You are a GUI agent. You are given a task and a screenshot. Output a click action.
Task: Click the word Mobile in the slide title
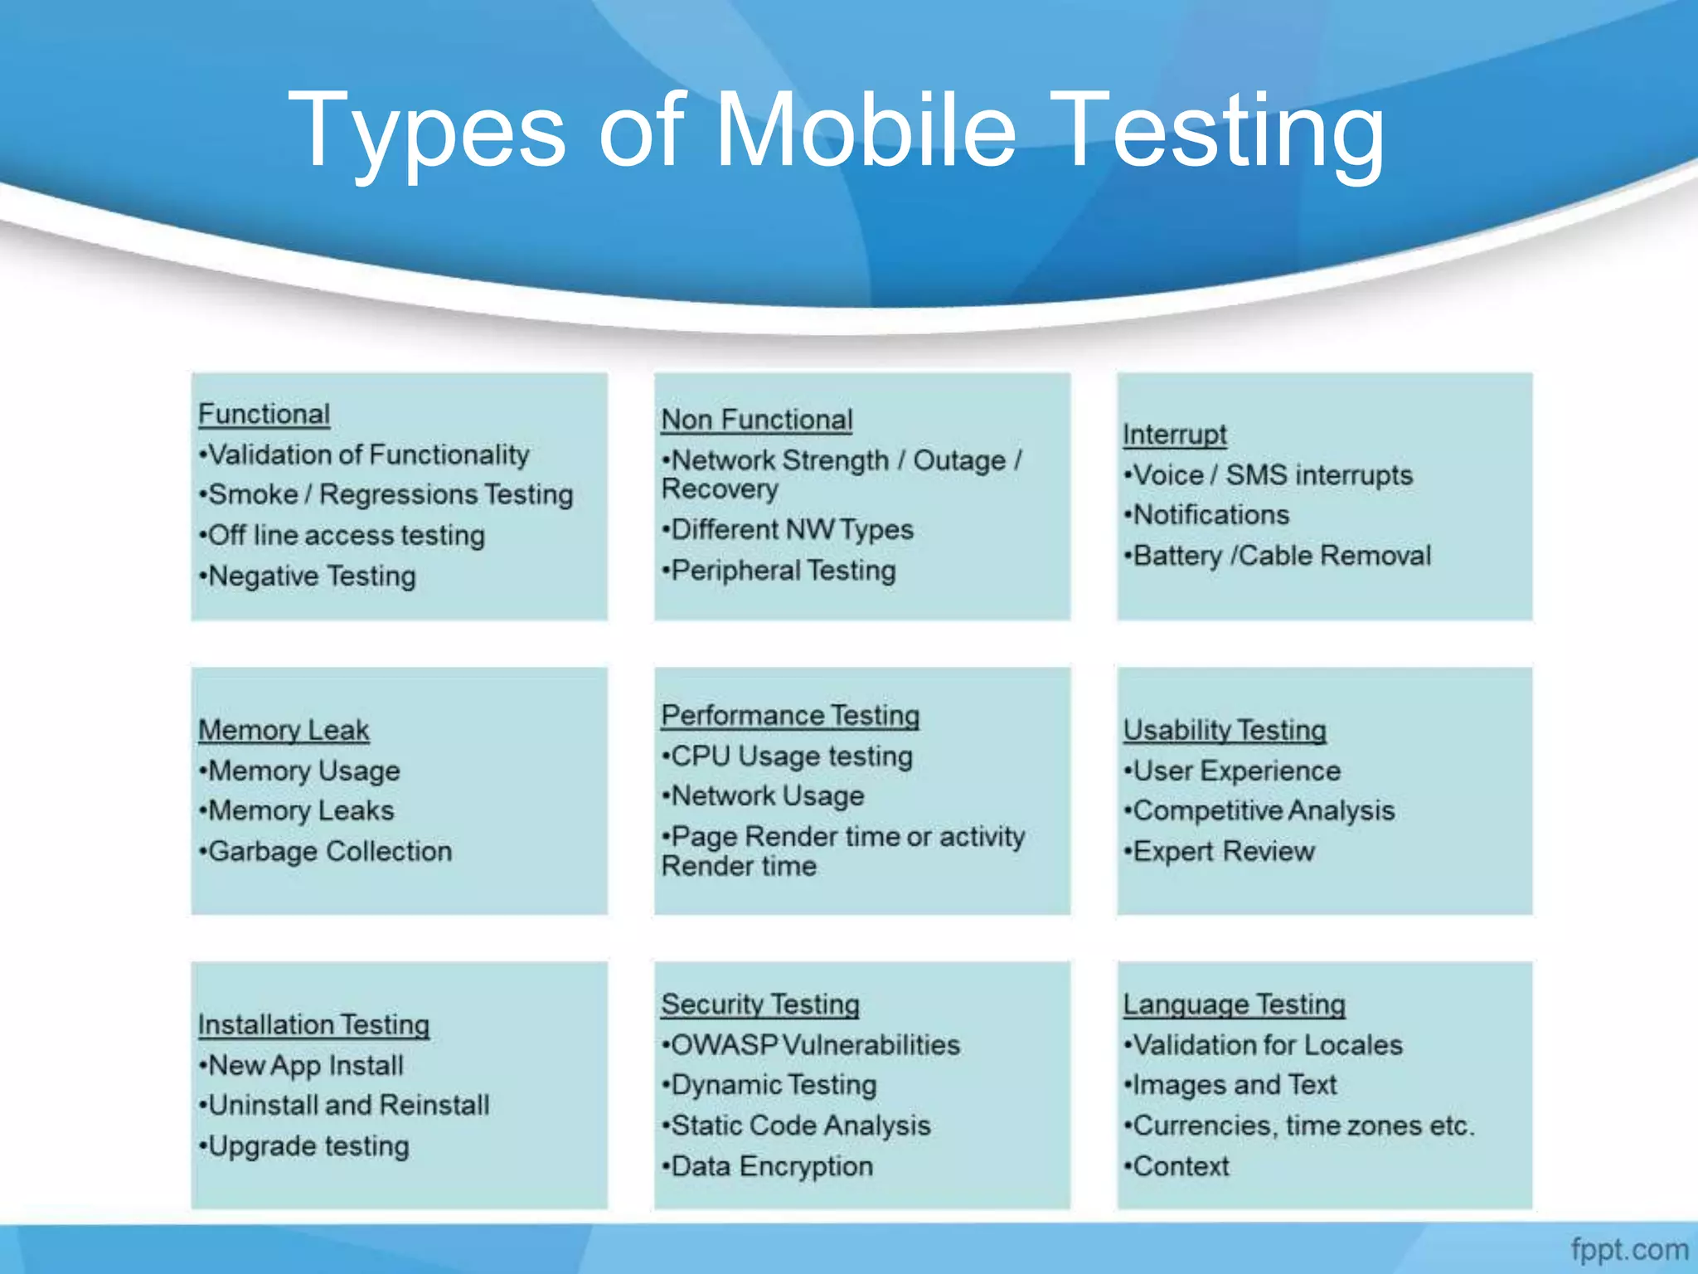point(865,130)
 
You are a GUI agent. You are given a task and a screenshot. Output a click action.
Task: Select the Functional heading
point(264,414)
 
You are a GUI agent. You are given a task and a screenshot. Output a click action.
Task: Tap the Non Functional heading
point(757,420)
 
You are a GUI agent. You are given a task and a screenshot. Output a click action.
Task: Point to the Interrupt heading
point(1175,435)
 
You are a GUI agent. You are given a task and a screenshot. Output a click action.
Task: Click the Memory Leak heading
point(284,730)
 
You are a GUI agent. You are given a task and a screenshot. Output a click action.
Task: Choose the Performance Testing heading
point(790,715)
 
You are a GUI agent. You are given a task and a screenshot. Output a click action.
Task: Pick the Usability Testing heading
point(1225,730)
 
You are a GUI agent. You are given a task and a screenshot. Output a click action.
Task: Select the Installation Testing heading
point(313,1024)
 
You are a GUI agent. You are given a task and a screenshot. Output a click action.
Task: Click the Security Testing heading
point(760,1004)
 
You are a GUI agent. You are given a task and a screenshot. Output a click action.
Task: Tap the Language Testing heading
point(1234,1004)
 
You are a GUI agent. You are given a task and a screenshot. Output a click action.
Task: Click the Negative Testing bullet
point(311,576)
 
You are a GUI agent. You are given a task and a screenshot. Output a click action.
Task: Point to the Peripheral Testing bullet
point(783,571)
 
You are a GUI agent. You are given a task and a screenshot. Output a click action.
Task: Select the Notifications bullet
point(1210,515)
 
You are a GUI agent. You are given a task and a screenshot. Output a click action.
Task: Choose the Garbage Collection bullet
point(329,851)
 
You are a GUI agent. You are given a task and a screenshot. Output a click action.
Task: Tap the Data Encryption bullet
point(771,1166)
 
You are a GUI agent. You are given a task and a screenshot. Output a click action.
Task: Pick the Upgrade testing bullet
point(308,1146)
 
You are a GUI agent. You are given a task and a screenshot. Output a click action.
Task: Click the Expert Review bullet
point(1223,851)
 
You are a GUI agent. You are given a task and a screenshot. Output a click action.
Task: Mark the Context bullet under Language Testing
point(1180,1166)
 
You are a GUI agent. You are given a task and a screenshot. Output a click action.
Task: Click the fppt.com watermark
point(1629,1249)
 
